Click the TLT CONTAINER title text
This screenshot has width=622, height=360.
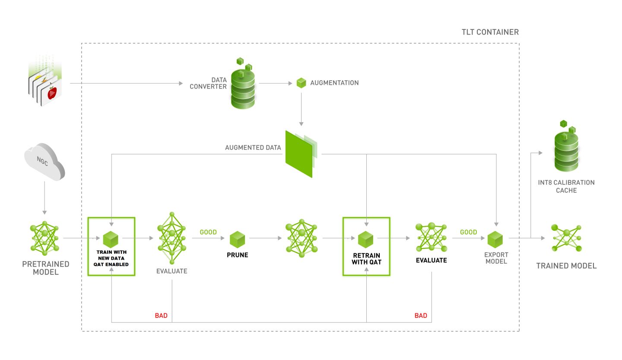point(490,32)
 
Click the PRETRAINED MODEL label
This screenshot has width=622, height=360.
point(45,268)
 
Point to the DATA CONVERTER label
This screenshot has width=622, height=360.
point(209,83)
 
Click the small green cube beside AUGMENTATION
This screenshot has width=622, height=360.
point(301,83)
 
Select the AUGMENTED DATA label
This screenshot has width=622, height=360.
point(253,148)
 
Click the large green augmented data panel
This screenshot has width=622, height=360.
point(299,153)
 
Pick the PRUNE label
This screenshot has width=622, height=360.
point(238,255)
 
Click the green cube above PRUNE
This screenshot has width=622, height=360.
point(238,239)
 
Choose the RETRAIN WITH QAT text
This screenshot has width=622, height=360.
point(366,258)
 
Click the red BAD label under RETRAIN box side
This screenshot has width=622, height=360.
point(421,315)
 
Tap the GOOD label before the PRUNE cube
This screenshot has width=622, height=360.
point(208,232)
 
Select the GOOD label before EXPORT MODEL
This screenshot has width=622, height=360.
point(469,232)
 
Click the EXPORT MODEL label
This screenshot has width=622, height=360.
point(496,258)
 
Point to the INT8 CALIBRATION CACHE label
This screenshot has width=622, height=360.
point(566,186)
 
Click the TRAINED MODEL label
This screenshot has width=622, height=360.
point(566,266)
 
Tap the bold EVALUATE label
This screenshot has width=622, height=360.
point(431,260)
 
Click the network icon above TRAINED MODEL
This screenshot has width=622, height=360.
point(566,238)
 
